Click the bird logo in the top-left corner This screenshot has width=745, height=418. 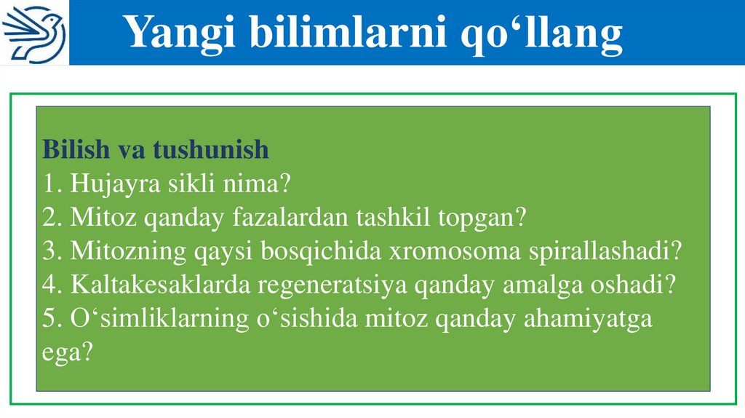coord(33,33)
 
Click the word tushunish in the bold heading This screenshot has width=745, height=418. coord(212,150)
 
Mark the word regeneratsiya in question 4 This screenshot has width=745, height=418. coord(334,285)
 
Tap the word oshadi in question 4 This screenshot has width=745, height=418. coord(629,285)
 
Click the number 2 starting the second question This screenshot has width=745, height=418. coord(49,217)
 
